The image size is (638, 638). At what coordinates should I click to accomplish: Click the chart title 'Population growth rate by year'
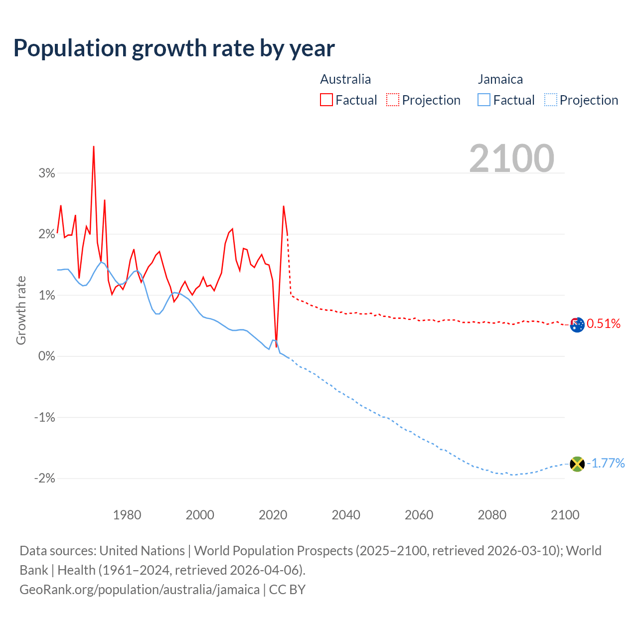(174, 48)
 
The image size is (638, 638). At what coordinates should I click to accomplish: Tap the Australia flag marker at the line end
(577, 325)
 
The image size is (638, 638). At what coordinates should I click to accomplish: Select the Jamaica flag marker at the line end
(577, 464)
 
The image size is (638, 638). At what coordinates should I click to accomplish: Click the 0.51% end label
(604, 324)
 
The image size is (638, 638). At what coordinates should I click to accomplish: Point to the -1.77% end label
(606, 464)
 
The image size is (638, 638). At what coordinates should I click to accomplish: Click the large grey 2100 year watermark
(511, 159)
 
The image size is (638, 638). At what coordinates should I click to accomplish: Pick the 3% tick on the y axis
(46, 173)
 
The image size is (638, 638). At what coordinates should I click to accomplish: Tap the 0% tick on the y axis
(46, 356)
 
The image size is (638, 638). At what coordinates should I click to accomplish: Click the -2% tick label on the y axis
(44, 478)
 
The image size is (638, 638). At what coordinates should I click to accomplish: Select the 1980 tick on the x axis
(127, 515)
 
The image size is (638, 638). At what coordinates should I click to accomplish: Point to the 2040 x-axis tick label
(346, 515)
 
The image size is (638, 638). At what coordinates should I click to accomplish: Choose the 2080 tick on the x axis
(492, 515)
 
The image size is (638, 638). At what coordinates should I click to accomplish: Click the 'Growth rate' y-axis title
(21, 310)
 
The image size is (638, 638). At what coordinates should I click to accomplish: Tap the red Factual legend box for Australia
(326, 100)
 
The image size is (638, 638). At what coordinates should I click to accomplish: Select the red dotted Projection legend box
(393, 100)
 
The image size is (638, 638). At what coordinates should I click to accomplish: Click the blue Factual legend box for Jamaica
(483, 100)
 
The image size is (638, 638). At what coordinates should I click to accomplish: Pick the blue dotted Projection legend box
(550, 100)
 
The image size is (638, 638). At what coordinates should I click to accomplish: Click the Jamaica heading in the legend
(500, 79)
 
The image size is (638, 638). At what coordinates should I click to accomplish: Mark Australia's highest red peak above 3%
(94, 147)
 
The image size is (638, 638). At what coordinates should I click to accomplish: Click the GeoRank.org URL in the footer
(140, 590)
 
